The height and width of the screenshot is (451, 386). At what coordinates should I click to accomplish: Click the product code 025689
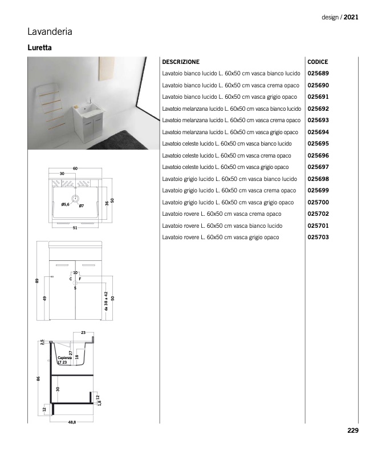[318, 74]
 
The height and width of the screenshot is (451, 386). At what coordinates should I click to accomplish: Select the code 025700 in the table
[318, 203]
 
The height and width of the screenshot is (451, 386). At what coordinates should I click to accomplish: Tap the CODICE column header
[318, 62]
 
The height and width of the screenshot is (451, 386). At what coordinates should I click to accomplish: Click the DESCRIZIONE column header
[181, 62]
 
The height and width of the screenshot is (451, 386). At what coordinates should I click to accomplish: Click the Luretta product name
[40, 48]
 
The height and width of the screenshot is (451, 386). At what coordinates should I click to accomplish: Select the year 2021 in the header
[351, 18]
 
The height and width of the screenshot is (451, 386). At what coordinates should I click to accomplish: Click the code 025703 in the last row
[318, 237]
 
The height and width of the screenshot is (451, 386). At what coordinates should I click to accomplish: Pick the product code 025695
[318, 144]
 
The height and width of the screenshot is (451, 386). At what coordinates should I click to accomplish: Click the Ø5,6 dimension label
[65, 204]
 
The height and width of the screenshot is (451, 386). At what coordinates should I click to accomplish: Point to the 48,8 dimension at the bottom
[72, 421]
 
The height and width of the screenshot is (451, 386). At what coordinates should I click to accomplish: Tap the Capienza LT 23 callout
[64, 360]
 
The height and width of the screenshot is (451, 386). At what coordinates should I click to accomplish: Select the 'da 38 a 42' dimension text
[106, 301]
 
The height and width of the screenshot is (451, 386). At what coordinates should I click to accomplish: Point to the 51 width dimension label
[75, 228]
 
